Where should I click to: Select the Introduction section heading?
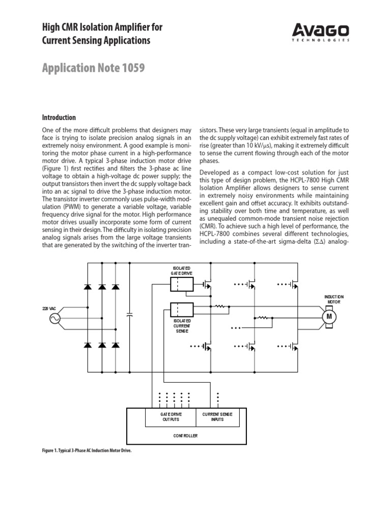59,118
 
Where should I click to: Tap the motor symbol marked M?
329,316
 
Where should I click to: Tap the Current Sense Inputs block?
217,417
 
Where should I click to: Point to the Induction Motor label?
334,299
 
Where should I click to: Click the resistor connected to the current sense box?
220,306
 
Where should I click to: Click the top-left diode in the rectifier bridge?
88,287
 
